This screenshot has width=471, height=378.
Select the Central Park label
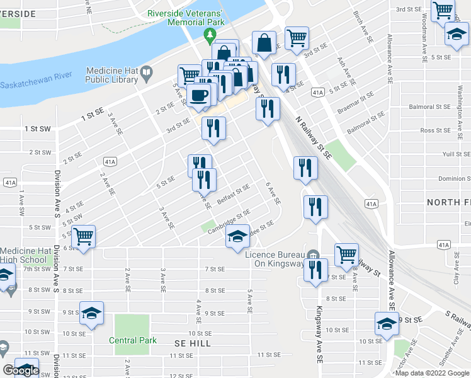(x=132, y=340)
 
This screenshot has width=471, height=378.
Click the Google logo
(x=21, y=370)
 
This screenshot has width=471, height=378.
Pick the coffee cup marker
(x=199, y=96)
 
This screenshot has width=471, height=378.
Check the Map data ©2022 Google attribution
(x=431, y=373)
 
